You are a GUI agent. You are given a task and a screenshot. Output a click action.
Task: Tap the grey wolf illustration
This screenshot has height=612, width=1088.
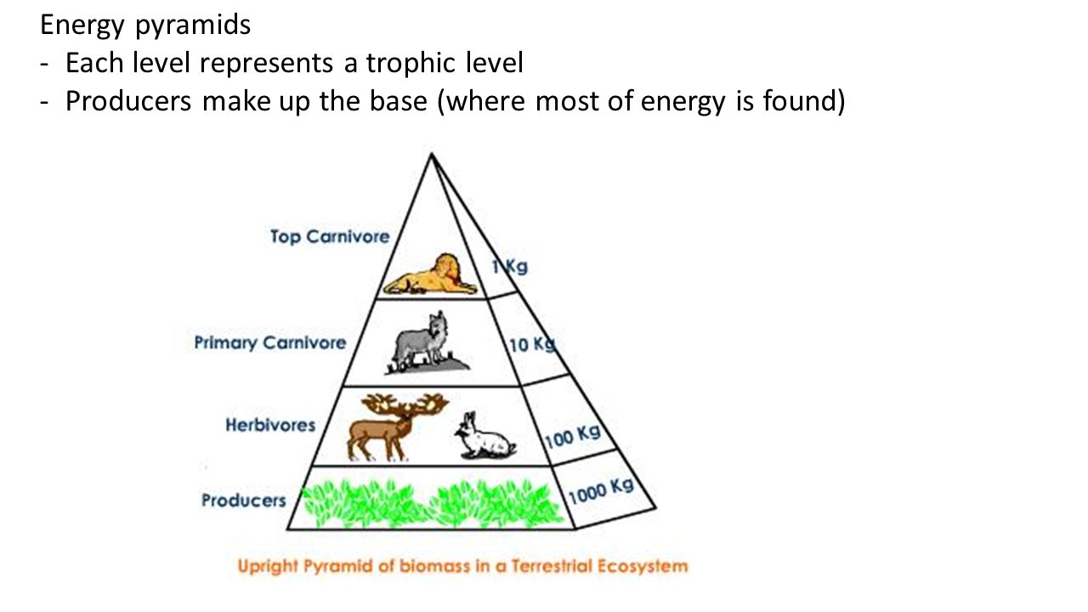pos(428,343)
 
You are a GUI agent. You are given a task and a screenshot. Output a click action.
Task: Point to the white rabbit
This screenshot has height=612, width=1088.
pos(484,436)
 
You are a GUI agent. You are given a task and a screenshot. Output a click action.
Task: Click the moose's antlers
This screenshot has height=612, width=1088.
pos(405,404)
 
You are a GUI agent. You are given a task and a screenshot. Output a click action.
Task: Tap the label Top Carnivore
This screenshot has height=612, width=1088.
pos(330,236)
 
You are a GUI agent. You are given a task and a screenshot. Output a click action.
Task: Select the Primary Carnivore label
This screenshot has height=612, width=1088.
pos(270,343)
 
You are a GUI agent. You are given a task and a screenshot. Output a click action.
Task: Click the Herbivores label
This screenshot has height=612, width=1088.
pos(270,425)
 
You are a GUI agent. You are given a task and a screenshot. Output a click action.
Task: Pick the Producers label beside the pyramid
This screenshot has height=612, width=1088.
pos(244,501)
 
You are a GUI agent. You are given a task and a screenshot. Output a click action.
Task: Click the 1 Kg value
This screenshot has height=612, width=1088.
pos(509,267)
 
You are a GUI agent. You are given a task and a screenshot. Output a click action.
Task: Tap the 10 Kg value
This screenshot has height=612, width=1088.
pos(532,344)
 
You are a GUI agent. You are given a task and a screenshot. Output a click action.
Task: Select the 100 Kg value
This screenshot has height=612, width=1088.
pos(573,437)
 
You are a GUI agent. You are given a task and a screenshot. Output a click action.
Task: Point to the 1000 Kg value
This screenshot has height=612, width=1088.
pos(601,491)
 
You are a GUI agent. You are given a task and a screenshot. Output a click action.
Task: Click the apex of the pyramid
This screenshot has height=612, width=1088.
pos(431,154)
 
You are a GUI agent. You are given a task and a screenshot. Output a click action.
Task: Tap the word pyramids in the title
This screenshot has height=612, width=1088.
pos(193,25)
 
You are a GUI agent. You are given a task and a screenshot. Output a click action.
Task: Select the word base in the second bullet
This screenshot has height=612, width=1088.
pos(399,101)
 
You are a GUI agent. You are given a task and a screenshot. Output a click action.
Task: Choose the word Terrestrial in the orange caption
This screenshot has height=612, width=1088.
pos(551,566)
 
